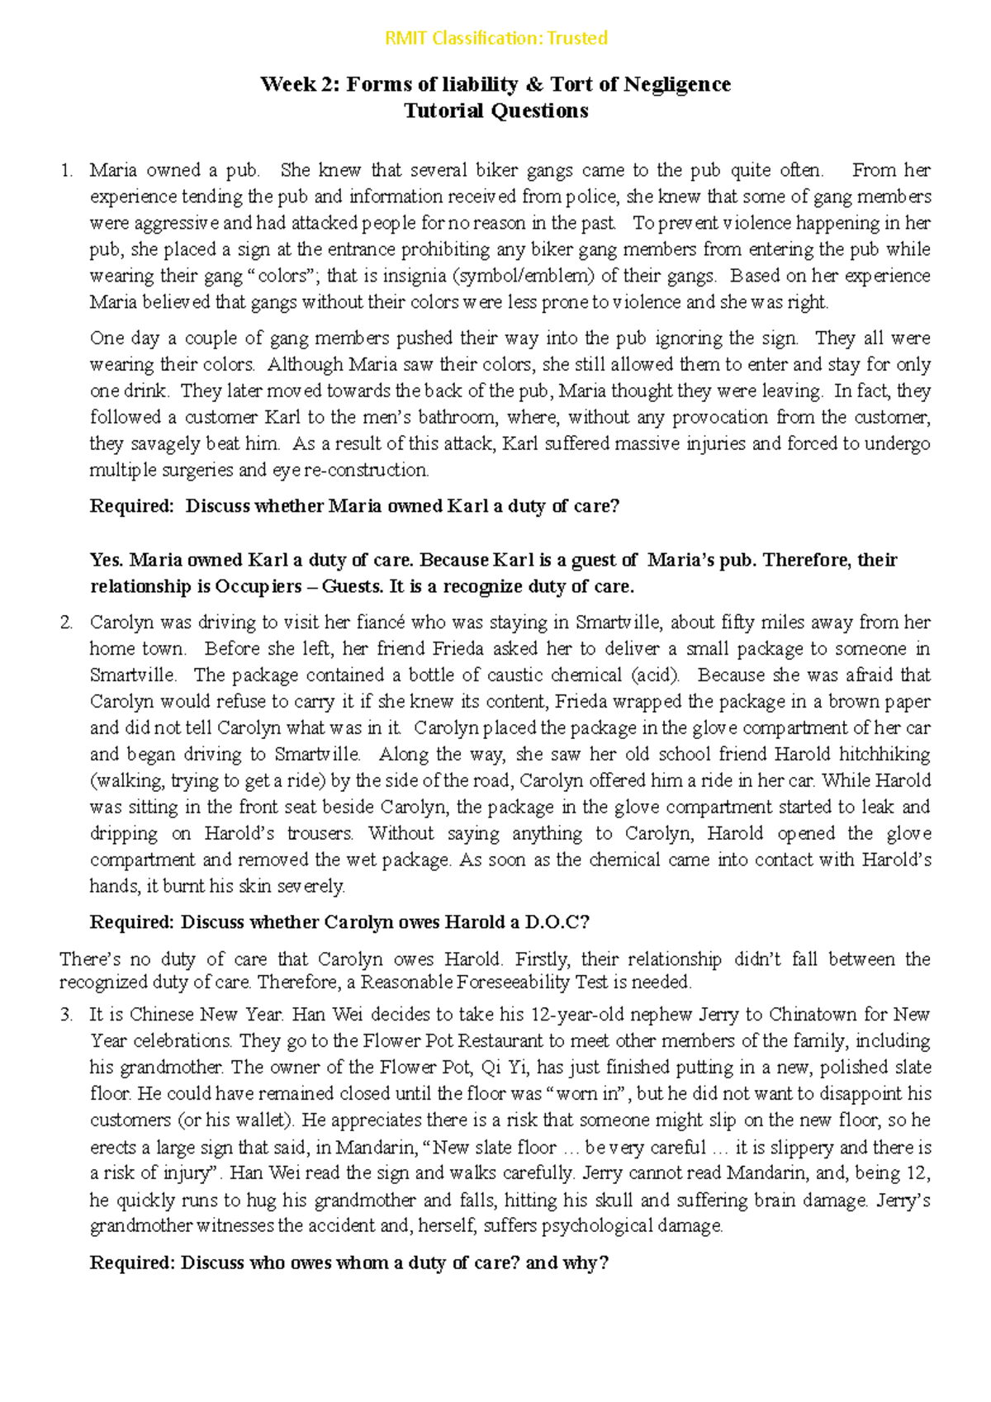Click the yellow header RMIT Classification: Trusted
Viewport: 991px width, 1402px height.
496,38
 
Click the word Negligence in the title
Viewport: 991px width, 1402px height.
677,84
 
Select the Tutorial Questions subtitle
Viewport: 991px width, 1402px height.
495,111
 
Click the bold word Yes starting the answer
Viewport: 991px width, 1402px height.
106,561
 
